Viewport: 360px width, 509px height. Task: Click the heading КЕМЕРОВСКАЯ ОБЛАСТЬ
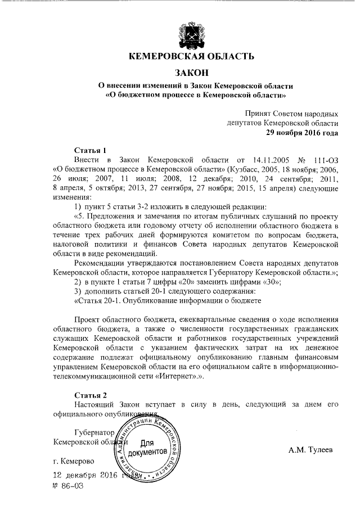coord(191,56)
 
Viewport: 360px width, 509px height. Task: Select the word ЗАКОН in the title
coord(191,73)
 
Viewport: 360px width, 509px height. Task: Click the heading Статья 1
coord(91,150)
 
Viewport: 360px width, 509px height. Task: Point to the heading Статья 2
coord(91,395)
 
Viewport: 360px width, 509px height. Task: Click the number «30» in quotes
coord(268,281)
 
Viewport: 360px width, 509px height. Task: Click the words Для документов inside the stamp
coord(147,447)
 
